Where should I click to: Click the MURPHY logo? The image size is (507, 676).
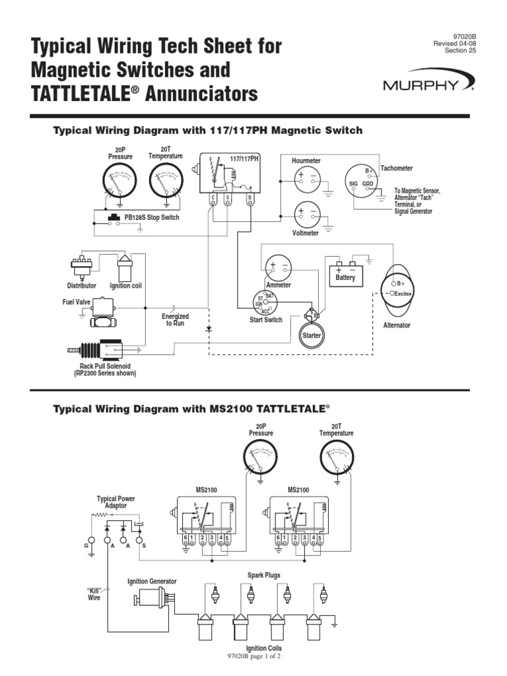[427, 85]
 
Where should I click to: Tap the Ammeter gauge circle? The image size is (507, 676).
[277, 268]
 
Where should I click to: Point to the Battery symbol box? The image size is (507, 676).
[345, 273]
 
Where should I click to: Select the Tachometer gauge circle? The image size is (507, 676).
[361, 182]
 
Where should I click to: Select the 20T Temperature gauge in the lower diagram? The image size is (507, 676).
[337, 458]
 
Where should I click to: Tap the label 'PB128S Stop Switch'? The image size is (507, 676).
[151, 217]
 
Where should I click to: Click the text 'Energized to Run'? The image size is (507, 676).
[175, 320]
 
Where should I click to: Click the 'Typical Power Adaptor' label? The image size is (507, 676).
[116, 502]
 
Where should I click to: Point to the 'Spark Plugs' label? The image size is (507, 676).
[263, 575]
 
